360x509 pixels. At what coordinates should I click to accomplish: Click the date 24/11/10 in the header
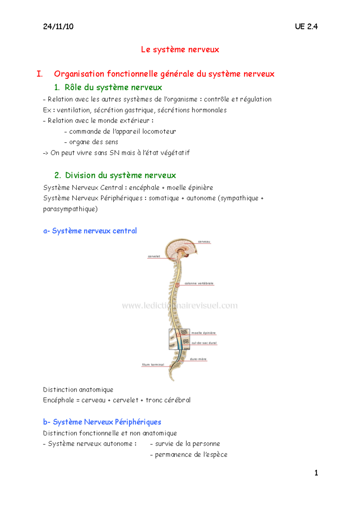tap(58, 27)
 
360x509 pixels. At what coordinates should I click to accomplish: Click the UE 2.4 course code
tap(306, 27)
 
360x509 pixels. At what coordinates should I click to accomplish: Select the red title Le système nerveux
tap(180, 49)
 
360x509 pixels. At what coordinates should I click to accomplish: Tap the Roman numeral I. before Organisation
tap(40, 74)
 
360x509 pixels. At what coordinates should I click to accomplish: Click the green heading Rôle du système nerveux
tap(113, 88)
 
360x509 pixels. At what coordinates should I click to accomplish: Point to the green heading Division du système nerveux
tap(121, 175)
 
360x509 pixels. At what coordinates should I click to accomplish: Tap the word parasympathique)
tap(70, 209)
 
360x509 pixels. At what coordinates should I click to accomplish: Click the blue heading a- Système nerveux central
tap(90, 231)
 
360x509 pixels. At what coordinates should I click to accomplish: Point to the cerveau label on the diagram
tap(204, 242)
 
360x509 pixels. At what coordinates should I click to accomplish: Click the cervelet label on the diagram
tap(154, 256)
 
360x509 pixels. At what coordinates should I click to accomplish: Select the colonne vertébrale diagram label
tap(199, 283)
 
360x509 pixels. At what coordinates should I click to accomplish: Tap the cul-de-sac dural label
tap(204, 343)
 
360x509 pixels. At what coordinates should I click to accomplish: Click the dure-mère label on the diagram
tap(198, 359)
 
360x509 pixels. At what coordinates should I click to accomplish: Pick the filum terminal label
tap(153, 365)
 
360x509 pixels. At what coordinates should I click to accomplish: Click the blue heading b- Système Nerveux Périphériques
tap(102, 422)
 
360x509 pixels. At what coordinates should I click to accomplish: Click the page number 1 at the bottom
tap(316, 473)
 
